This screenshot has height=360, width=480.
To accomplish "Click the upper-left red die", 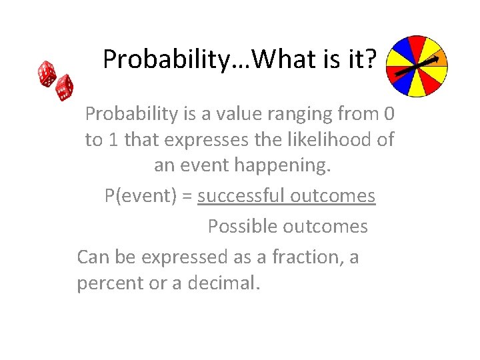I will click(47, 73).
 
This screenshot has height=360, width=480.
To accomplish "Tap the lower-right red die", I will click(64, 87).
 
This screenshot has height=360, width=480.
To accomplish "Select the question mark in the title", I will click(370, 60).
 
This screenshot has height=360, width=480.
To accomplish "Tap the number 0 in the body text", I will click(389, 114).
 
